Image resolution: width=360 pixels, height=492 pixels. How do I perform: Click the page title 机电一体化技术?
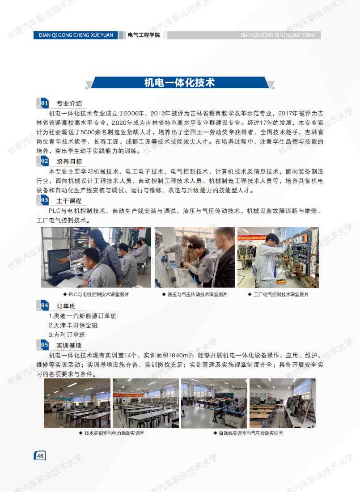click(x=179, y=83)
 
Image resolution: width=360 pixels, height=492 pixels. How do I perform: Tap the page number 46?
click(x=40, y=456)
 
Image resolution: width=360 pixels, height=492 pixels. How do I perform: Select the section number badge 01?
click(x=43, y=103)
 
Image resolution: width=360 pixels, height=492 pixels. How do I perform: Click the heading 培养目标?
click(x=69, y=161)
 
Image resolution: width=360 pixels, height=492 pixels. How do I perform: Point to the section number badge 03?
click(x=43, y=200)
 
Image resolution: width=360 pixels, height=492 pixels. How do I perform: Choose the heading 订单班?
click(x=66, y=306)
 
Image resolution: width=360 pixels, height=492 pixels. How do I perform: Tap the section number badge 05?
click(x=43, y=345)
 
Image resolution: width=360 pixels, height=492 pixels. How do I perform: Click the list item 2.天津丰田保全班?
click(x=73, y=325)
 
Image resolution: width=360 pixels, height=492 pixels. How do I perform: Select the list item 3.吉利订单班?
click(x=67, y=335)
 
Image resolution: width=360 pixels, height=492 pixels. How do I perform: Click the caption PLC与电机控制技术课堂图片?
click(x=96, y=294)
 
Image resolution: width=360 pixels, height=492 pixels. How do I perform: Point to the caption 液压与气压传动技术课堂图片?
click(x=195, y=294)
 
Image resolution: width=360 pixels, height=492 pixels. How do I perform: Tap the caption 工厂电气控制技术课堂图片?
click(x=279, y=294)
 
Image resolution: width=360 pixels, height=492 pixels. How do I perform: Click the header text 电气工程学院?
click(x=144, y=35)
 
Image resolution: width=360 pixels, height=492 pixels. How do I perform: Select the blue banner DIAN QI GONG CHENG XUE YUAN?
click(x=76, y=35)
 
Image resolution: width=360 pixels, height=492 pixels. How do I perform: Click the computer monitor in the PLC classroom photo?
click(x=59, y=262)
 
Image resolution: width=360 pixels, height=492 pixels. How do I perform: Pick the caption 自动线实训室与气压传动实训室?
click(x=248, y=433)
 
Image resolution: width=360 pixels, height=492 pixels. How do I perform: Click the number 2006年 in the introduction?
click(x=134, y=113)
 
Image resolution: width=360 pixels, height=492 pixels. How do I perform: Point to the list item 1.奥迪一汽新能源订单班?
click(x=83, y=316)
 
